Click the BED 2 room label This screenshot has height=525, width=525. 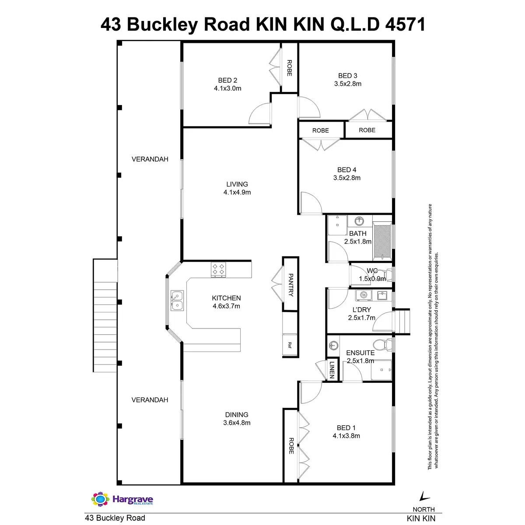227,80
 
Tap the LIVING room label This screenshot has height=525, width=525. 237,184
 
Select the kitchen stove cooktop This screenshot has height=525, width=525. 218,269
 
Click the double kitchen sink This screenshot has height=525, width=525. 177,301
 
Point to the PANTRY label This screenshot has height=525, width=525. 290,285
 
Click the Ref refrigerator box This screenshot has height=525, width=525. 290,345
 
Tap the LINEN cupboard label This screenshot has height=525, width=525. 332,370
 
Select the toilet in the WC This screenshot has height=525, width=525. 385,274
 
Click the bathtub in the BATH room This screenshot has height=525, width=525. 382,241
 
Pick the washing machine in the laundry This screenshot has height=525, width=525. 363,295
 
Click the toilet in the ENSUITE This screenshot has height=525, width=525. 386,345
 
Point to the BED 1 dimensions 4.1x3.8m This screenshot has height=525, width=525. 346,436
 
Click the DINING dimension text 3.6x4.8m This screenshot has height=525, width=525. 237,423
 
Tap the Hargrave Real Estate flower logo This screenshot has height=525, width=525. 100,499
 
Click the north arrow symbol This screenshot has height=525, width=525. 423,496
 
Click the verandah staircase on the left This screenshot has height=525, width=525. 105,315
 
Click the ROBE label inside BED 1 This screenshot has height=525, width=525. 291,445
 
